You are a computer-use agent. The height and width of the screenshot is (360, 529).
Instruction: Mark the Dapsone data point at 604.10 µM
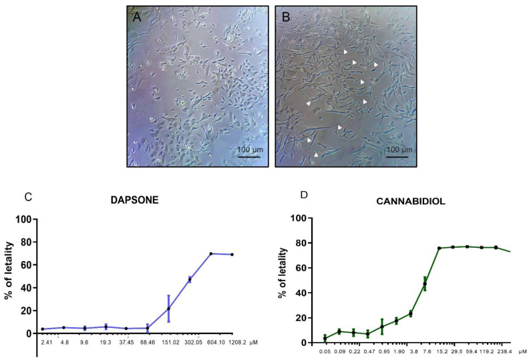[x=211, y=254]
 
